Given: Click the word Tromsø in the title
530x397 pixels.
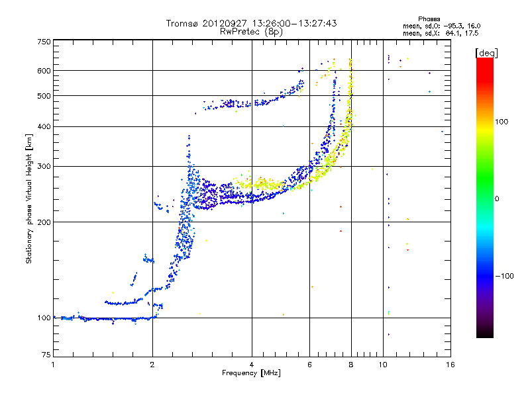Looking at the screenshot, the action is tap(183, 23).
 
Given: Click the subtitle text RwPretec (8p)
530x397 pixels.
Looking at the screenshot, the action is tap(251, 32).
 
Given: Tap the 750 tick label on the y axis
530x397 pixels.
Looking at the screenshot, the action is tap(44, 42).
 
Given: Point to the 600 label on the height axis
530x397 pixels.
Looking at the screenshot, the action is tap(44, 71).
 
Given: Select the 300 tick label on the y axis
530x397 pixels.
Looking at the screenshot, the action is tap(44, 167).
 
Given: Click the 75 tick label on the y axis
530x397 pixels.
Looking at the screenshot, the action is tap(46, 355).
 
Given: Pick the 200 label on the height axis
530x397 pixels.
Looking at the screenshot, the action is tap(44, 222).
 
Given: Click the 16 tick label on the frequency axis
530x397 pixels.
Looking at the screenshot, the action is tap(450, 365).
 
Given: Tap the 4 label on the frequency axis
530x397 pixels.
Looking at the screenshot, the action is tap(252, 365).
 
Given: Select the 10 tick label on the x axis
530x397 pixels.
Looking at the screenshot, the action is tap(383, 365).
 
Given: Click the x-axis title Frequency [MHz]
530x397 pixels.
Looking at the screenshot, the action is tap(251, 373).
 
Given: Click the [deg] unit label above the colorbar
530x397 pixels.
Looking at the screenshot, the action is tap(486, 53).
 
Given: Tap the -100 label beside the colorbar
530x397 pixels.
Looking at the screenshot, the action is tap(504, 276).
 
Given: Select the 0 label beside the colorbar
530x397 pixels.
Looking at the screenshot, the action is tap(497, 199).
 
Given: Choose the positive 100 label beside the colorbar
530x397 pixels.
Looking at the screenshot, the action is tap(502, 122).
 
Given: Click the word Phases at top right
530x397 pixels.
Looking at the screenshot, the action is tap(429, 19).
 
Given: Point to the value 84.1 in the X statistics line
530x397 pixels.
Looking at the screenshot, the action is tap(452, 34).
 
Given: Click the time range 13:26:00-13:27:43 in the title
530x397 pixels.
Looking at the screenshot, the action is tap(294, 23).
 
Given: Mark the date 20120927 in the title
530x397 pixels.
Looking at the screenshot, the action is tap(225, 23).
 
